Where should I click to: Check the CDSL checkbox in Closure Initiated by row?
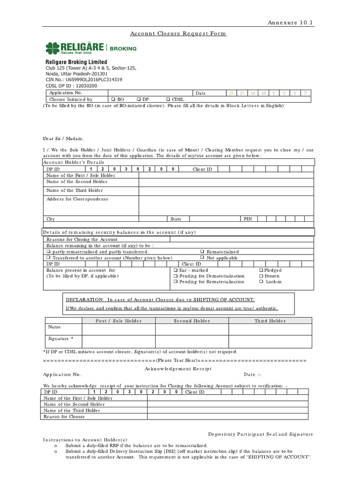[x=168, y=99]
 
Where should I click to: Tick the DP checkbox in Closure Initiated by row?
[x=139, y=99]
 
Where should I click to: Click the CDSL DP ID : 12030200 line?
[x=71, y=86]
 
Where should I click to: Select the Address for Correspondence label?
[x=77, y=199]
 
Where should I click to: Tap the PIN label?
[x=247, y=219]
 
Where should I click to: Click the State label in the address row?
[x=176, y=219]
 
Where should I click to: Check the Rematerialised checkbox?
[x=202, y=252]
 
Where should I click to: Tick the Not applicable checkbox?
[x=202, y=258]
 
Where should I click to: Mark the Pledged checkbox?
[x=261, y=270]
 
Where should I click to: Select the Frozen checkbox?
[x=261, y=276]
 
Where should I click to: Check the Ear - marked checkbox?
[x=175, y=270]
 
